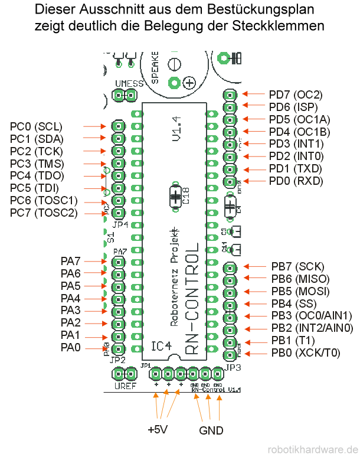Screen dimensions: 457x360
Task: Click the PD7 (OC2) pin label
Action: point(295,94)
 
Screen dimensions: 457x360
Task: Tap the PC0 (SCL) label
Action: point(36,126)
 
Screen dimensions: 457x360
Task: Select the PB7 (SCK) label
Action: point(297,266)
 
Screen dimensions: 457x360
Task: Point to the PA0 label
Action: point(71,348)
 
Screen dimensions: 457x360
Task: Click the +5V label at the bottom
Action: point(158,429)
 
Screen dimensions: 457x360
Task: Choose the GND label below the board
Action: point(211,430)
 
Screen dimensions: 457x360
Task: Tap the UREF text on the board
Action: point(125,387)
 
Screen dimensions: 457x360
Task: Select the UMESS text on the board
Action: point(129,83)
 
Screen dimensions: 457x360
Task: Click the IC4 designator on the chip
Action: point(161,345)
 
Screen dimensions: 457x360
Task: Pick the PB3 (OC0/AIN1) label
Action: point(311,316)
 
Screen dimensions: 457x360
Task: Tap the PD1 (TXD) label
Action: point(295,169)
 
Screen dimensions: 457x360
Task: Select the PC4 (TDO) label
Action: point(37,176)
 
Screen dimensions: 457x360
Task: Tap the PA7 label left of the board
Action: point(71,260)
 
